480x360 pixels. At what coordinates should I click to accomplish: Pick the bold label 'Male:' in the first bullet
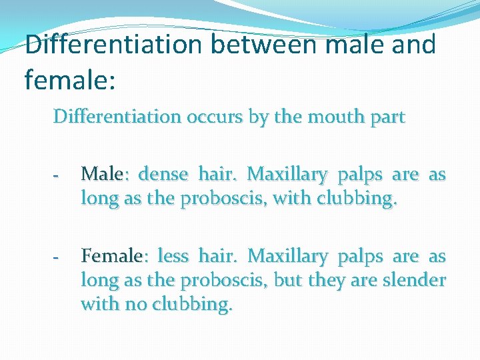point(101,175)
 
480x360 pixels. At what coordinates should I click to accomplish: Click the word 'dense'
point(163,175)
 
